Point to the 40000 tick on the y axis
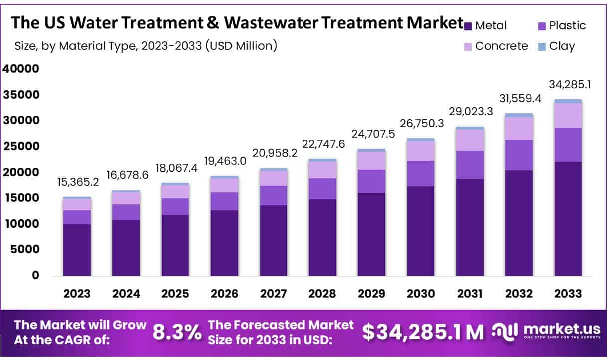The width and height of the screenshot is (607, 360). tap(21, 69)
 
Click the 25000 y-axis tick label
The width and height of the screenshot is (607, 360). tap(21, 146)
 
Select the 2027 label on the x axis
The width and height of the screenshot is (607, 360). tap(273, 294)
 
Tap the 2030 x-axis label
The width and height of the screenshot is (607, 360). tap(420, 294)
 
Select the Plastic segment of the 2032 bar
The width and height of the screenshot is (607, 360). tap(519, 155)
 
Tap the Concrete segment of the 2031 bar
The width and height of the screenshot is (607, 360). tap(470, 140)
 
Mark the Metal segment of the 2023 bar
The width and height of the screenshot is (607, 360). tap(77, 250)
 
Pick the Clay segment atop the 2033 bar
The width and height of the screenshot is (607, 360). tap(568, 101)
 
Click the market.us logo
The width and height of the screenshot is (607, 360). tap(544, 331)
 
